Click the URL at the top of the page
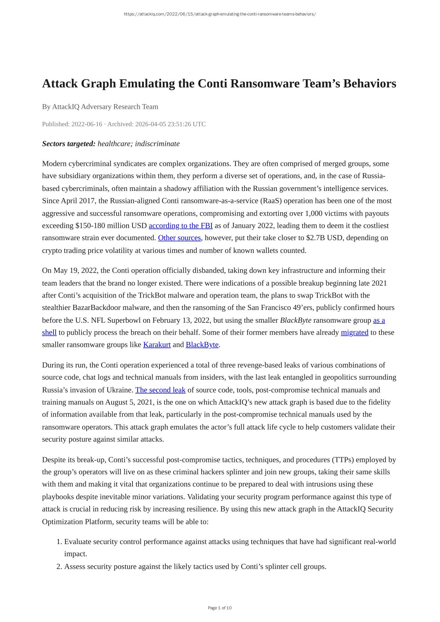220,14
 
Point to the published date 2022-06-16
86,124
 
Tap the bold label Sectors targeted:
69,144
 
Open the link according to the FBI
181,226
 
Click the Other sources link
179,238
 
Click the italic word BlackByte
295,320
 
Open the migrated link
354,332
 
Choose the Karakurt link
157,345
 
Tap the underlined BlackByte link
202,345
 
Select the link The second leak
160,390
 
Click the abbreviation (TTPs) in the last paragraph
343,460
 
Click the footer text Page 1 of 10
220,608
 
